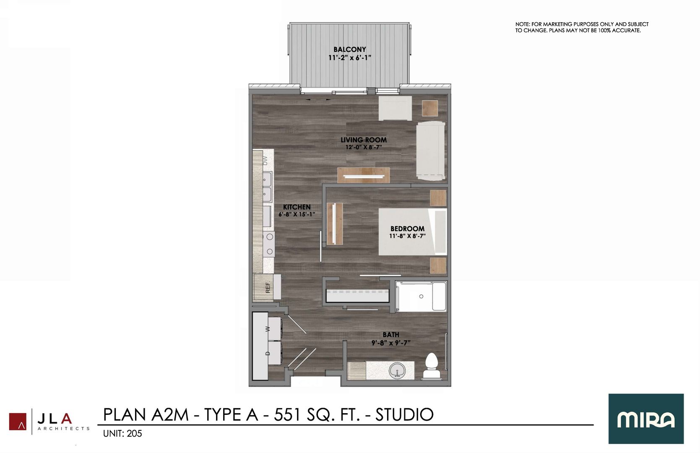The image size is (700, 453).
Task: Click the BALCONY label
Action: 350,49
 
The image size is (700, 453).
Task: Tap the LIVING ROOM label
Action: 363,140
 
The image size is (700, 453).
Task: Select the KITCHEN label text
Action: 297,207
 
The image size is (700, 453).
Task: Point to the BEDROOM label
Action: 407,229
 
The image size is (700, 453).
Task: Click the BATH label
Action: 390,335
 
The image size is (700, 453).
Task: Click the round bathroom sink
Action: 396,371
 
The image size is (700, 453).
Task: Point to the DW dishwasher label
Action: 265,160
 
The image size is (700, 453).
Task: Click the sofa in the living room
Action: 430,151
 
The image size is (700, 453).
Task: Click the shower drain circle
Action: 421,296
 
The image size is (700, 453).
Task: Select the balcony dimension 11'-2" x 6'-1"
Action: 350,58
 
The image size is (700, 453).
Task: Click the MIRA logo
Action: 646,419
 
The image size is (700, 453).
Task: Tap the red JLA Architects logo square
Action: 18,422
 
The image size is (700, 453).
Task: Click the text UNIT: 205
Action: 122,433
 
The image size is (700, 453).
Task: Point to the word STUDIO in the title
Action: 404,414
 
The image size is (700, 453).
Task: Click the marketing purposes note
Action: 582,27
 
